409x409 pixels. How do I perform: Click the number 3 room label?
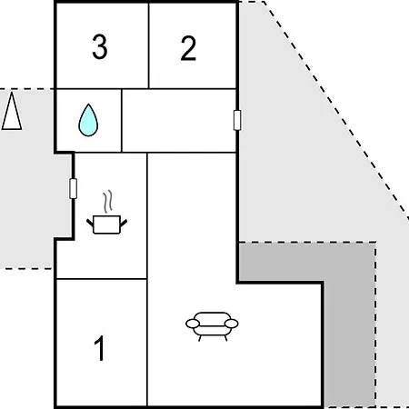click(100, 46)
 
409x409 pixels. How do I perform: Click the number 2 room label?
click(188, 48)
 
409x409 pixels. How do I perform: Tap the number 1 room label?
click(99, 348)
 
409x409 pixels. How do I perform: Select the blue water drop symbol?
click(88, 120)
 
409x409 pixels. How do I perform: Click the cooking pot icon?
click(106, 224)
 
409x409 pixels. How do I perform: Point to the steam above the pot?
click(108, 202)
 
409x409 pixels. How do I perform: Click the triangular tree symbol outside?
click(12, 111)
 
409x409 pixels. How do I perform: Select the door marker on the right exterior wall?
click(237, 120)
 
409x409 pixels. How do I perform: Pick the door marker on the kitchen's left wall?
click(73, 189)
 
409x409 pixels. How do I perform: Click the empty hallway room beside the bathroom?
click(179, 121)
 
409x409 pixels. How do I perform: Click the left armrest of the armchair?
click(193, 324)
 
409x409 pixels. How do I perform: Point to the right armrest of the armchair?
click(232, 324)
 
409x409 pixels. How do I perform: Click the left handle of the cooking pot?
click(90, 223)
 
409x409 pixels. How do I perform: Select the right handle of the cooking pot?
click(124, 223)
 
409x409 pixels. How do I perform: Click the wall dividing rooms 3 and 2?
click(149, 45)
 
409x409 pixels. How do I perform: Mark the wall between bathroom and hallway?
click(122, 121)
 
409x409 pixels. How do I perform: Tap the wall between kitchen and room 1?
click(102, 278)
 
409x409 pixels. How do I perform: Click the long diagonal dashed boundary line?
click(336, 110)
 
